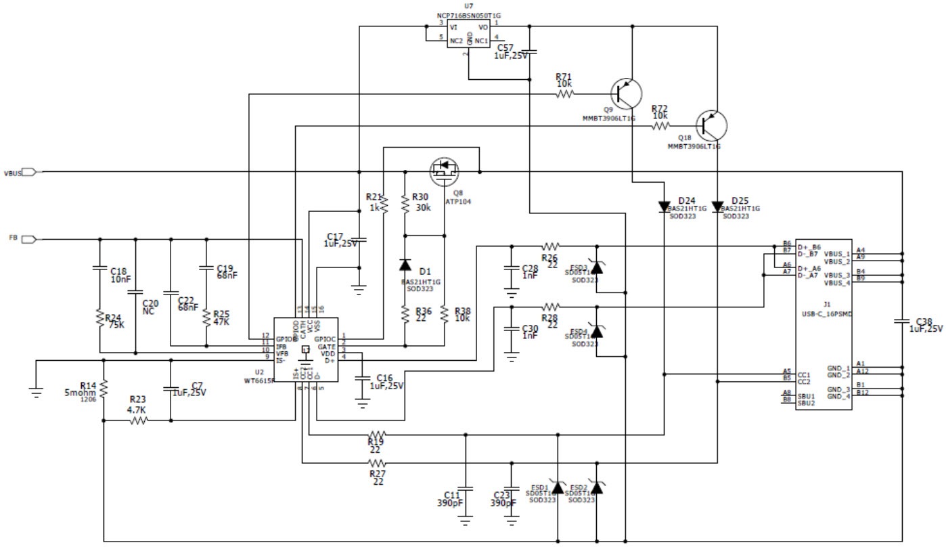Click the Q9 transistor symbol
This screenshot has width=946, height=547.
pos(626,94)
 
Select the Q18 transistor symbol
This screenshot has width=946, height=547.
pos(711,125)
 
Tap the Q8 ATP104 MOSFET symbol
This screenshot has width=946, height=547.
pos(445,169)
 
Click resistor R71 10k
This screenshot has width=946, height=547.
pos(565,95)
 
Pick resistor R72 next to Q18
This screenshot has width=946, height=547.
pos(660,125)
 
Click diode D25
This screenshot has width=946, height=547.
pos(717,207)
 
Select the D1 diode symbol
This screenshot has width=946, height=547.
pos(405,264)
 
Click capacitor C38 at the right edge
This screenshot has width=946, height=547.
pos(902,322)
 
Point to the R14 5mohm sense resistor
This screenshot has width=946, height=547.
pos(104,388)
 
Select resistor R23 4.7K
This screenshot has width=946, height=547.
pos(138,420)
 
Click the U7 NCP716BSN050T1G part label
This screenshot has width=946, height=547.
pos(469,15)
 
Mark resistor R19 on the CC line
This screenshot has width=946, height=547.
pos(376,435)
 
